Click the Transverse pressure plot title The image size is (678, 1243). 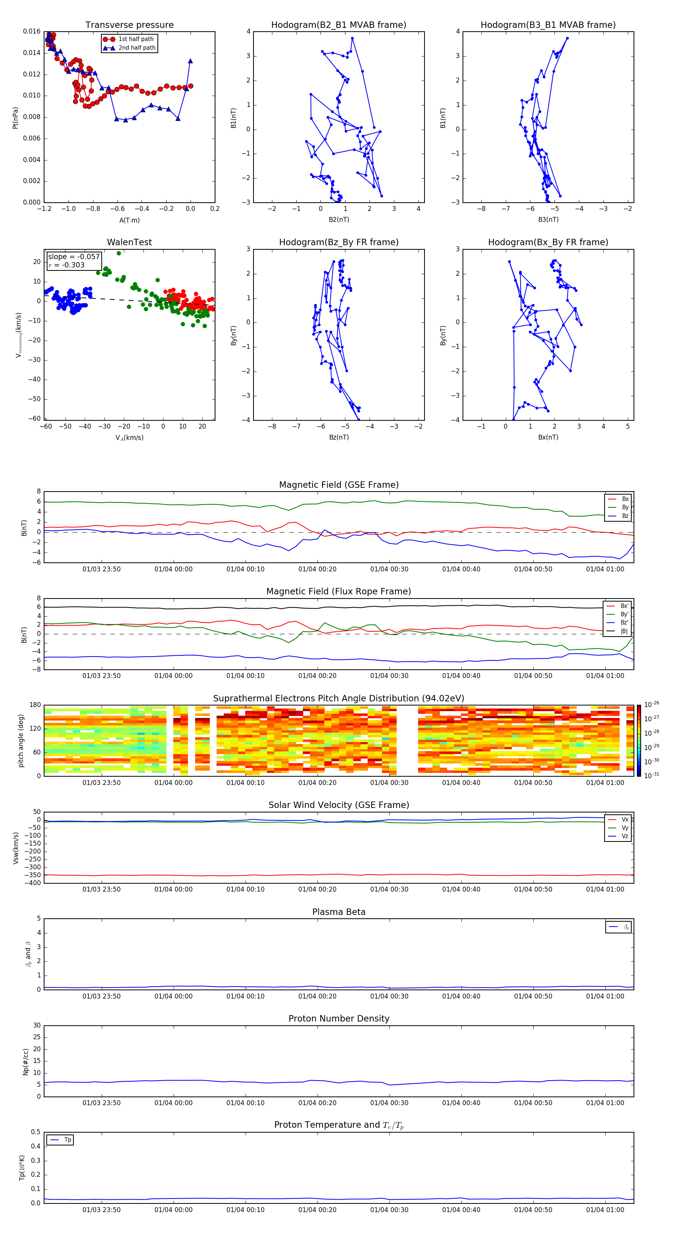(129, 25)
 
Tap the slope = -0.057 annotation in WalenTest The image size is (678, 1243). (74, 257)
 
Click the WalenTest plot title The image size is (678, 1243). (129, 242)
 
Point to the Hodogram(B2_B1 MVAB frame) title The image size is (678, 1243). (338, 25)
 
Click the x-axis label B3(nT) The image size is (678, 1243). (548, 220)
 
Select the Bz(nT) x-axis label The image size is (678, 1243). (339, 437)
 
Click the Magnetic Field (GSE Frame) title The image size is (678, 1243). (339, 485)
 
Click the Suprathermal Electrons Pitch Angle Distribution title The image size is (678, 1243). (339, 698)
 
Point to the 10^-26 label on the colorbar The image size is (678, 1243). (652, 704)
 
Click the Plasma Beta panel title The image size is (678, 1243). (339, 912)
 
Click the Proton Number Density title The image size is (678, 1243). (339, 1019)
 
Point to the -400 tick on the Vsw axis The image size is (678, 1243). (33, 883)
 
